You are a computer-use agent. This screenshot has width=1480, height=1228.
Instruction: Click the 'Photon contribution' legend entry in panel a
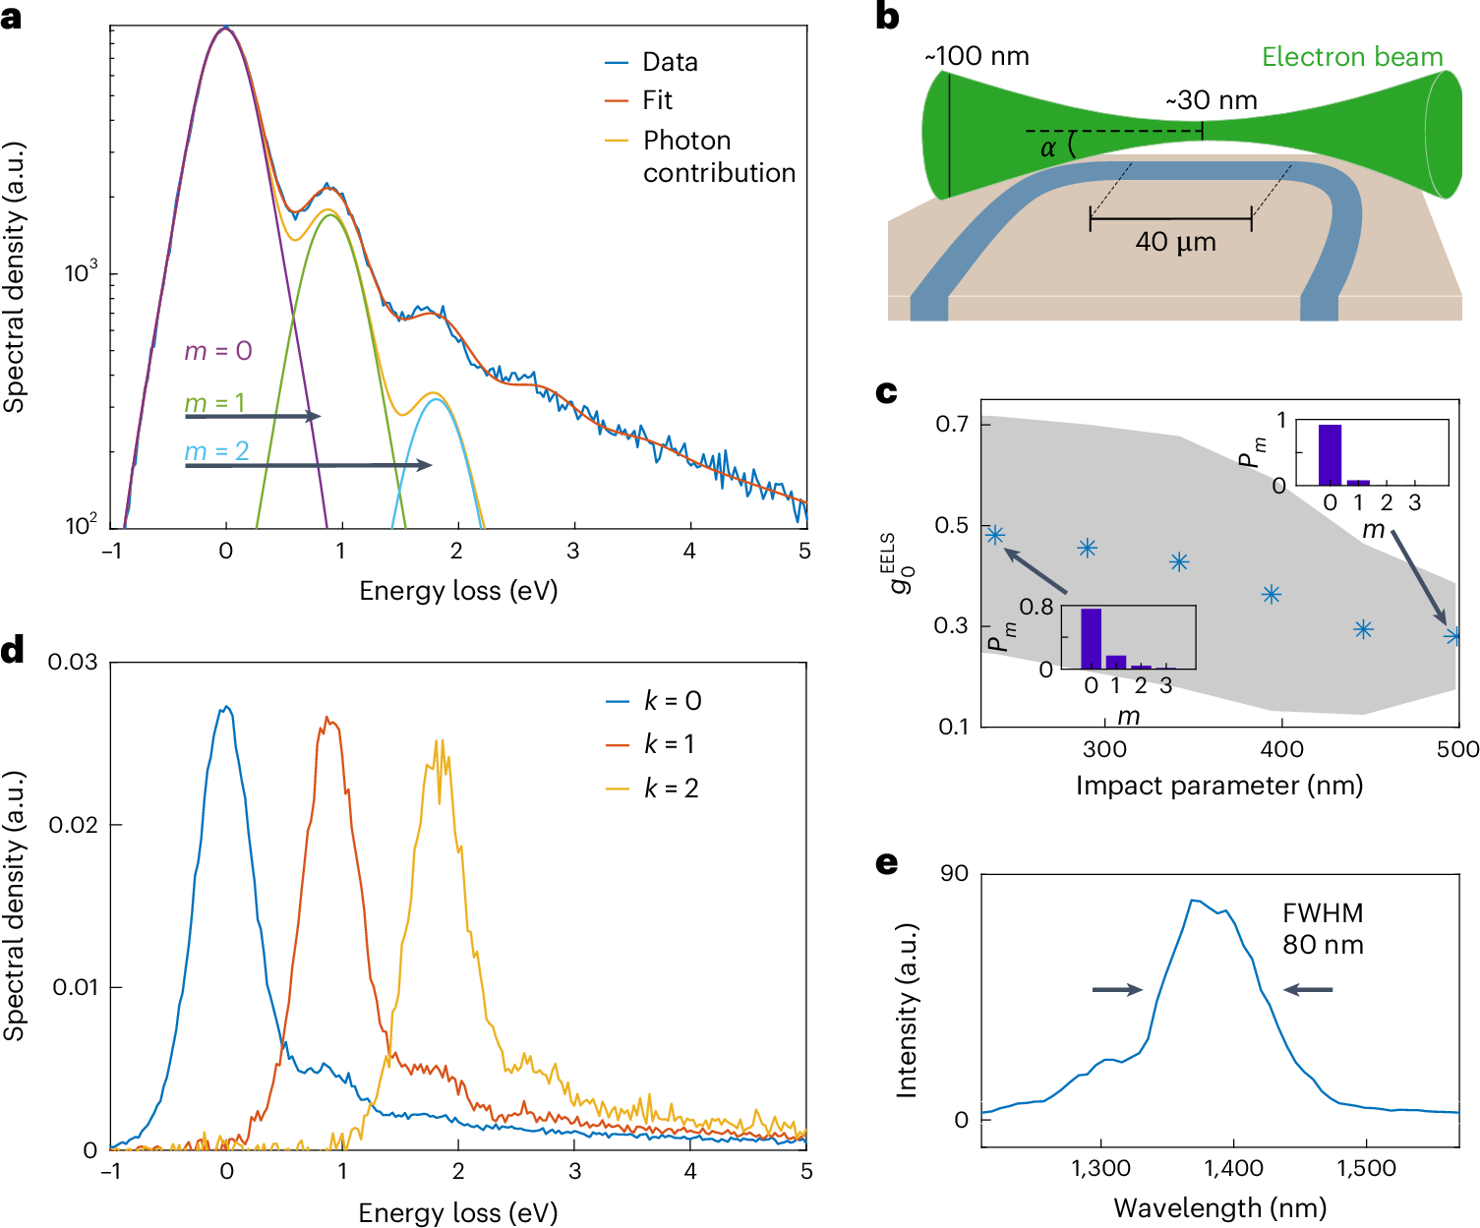click(718, 155)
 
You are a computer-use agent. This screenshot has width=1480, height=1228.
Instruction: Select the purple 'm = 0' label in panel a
click(218, 351)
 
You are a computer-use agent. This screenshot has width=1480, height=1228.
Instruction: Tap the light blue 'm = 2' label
click(217, 451)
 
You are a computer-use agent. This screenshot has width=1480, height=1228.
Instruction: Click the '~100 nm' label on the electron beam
click(977, 56)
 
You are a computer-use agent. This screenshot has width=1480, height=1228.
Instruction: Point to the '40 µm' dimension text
click(1175, 242)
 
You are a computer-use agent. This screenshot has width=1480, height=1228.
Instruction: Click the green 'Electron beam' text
click(1352, 57)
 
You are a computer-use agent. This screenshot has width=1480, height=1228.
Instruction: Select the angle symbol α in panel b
click(1048, 148)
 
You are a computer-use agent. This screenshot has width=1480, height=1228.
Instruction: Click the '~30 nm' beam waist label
click(1211, 100)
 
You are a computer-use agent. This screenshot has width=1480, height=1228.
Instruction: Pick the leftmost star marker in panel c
click(995, 535)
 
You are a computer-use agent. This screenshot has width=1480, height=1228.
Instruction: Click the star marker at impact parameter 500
click(1453, 636)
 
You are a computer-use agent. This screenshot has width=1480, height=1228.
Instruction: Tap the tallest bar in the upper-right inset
click(1330, 454)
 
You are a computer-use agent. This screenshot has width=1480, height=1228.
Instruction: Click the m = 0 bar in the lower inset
click(1091, 638)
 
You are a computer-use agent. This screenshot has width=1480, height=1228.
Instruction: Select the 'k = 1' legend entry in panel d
click(670, 744)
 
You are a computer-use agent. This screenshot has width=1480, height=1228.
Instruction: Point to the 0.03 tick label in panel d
click(74, 663)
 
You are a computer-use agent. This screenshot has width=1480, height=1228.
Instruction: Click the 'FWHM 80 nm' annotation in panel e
click(1323, 929)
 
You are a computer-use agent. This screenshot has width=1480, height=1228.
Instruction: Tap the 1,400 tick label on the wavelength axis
click(1233, 1168)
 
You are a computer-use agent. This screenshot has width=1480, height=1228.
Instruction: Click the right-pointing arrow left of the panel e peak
click(1117, 990)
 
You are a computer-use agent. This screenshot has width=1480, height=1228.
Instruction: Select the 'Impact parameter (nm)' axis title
click(1218, 786)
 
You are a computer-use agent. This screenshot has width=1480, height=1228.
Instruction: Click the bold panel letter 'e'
click(886, 863)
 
